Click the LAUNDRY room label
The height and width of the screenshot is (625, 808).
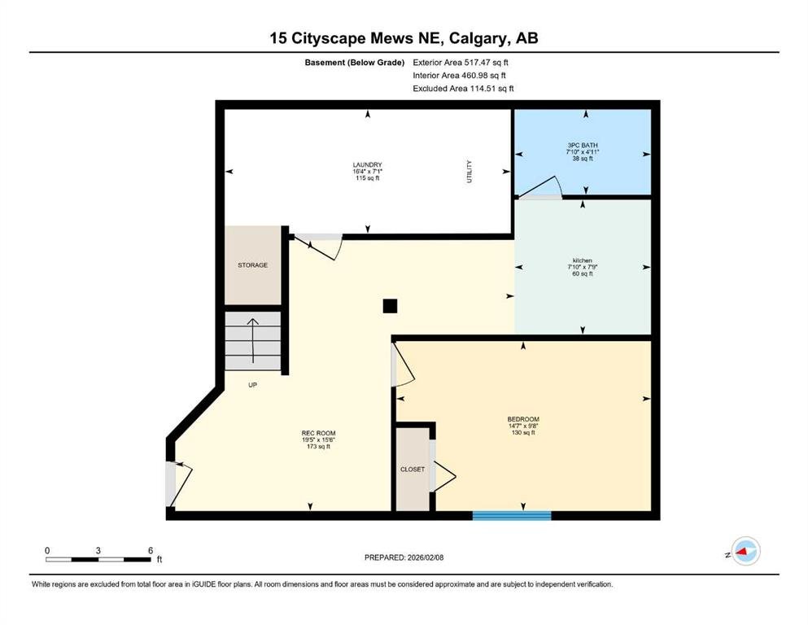[x=368, y=165]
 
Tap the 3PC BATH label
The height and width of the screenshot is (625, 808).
[x=583, y=146]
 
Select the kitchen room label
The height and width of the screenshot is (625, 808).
[x=583, y=260]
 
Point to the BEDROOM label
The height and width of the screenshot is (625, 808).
[x=523, y=419]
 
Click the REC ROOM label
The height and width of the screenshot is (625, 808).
[x=318, y=433]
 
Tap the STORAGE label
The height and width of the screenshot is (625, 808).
[x=252, y=264]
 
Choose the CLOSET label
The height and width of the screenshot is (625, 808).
[x=413, y=470]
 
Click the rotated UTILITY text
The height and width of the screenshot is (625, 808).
[x=469, y=172]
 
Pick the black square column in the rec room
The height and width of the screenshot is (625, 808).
[x=390, y=306]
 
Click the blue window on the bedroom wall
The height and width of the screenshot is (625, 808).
[x=512, y=515]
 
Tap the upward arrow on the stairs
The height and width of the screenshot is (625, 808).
[x=252, y=341]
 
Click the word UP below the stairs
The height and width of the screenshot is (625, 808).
[x=252, y=385]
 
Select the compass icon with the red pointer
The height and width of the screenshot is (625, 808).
[x=745, y=551]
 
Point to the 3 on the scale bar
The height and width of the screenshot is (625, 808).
[x=98, y=550]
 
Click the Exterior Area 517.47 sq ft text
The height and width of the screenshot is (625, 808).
[x=461, y=63]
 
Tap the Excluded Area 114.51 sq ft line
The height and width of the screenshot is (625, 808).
[x=463, y=88]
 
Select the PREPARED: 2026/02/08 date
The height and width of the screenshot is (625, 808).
[x=404, y=557]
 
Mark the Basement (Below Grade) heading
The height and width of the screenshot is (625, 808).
[x=355, y=63]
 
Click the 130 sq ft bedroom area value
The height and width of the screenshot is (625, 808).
[x=523, y=433]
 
